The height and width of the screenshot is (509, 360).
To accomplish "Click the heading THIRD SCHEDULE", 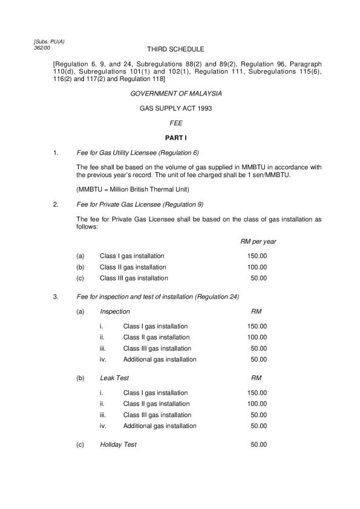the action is point(175,49).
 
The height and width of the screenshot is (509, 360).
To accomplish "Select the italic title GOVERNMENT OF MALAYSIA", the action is point(175,94).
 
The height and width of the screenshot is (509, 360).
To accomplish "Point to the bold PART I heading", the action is point(175,138).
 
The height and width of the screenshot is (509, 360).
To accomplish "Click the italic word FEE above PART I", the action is point(175,123).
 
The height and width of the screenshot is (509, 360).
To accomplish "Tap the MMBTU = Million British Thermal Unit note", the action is point(133,189).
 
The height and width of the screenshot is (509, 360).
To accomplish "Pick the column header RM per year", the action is point(258,241).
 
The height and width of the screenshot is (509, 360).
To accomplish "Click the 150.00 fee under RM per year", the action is point(257,256).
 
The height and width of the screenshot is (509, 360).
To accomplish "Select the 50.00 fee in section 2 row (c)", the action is point(259,278).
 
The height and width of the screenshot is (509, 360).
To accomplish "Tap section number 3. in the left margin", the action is point(56,297).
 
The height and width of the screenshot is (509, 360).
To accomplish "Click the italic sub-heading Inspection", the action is point(115,312).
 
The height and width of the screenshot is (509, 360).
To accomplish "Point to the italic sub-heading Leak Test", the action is point(114,378).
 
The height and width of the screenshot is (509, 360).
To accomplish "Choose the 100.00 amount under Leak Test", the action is point(257,404).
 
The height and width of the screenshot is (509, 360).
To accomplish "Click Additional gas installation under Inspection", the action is point(160,359).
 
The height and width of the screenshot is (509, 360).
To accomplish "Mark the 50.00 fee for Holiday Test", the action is point(259,444).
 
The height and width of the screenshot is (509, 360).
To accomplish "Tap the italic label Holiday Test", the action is point(118,444).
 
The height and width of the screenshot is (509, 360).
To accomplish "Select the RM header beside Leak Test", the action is point(256,378).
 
